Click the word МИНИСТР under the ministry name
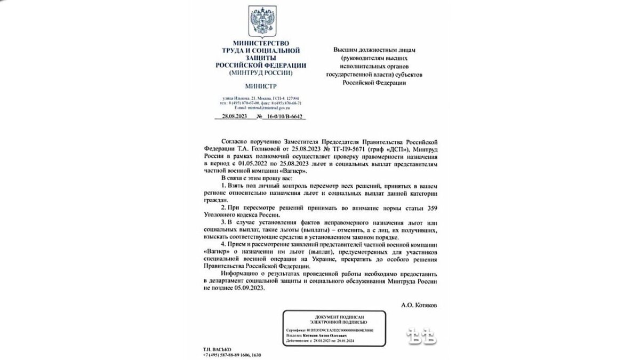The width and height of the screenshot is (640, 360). pos(261,86)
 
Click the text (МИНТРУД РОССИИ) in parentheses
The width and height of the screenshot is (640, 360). pos(261,71)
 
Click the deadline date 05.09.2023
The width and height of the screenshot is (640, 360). pos(251,287)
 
